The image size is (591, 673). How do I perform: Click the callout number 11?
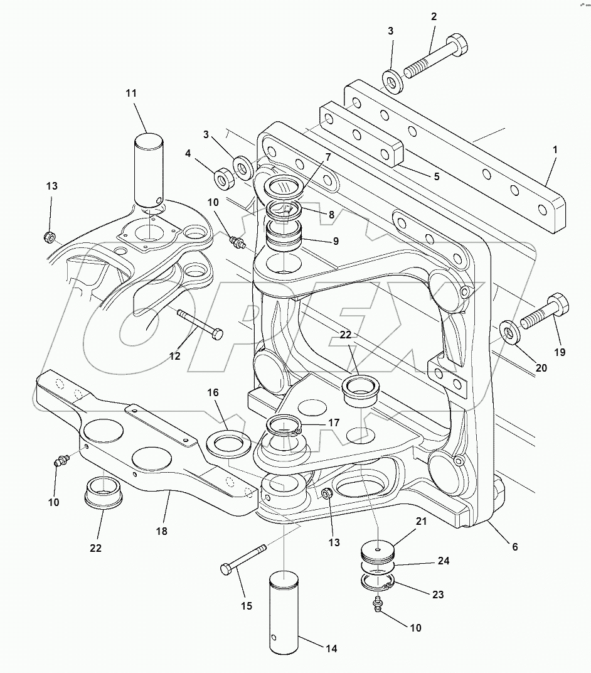click(130, 94)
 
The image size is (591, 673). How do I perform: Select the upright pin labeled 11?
click(148, 168)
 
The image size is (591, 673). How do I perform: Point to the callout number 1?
click(555, 151)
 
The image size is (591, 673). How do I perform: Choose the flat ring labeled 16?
click(228, 444)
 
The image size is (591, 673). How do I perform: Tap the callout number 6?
click(514, 546)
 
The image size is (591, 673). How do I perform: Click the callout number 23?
click(437, 594)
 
